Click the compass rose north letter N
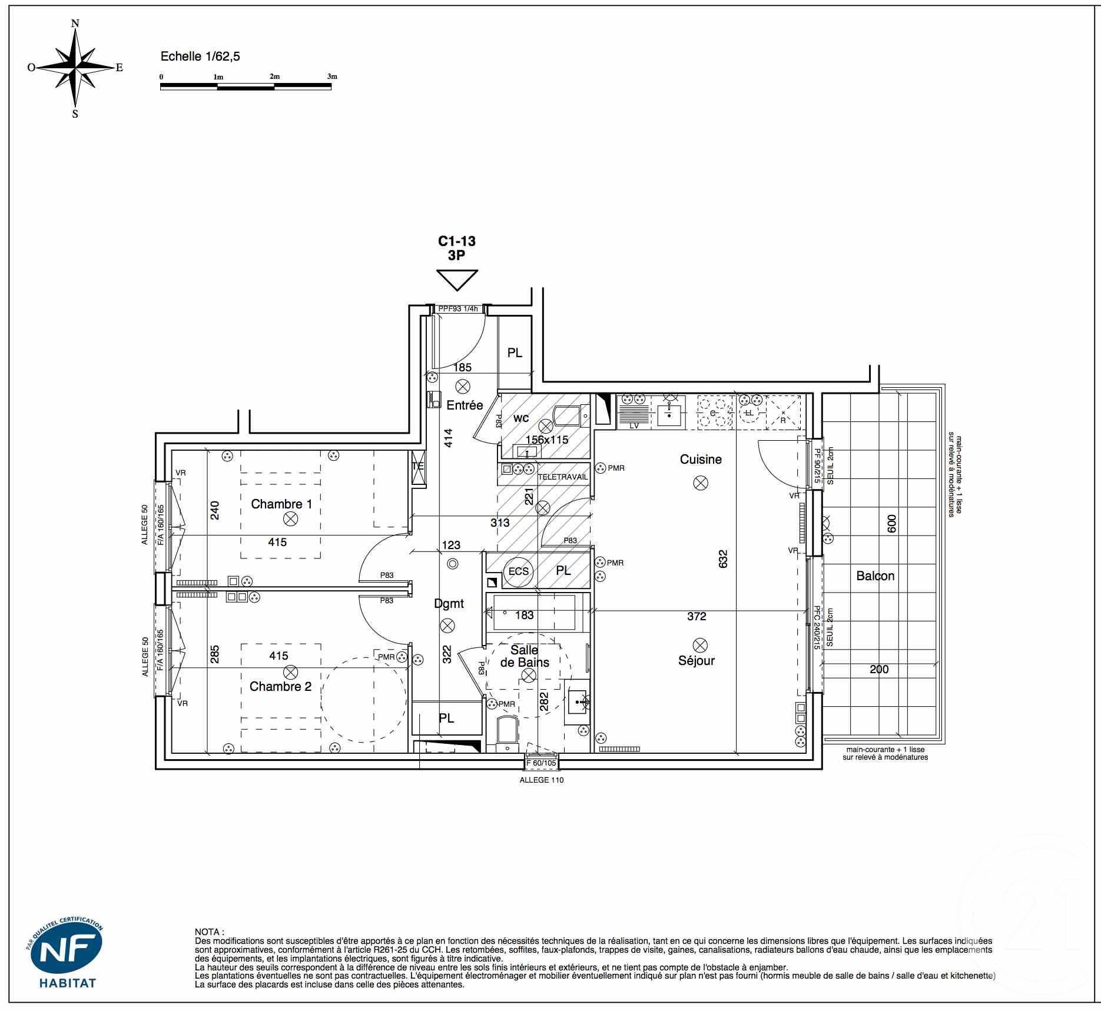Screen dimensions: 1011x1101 [x=75, y=24]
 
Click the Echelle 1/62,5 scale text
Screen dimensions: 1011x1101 [x=200, y=56]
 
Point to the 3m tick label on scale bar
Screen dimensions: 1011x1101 [x=332, y=77]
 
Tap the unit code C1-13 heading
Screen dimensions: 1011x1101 [x=456, y=241]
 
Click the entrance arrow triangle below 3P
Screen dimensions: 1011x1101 [x=457, y=280]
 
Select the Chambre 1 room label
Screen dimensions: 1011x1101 [x=281, y=504]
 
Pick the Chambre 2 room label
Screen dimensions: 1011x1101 [x=280, y=686]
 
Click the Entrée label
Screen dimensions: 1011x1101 [x=465, y=405]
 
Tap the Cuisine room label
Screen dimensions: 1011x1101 [x=701, y=459]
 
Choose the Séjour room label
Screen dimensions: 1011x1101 [x=697, y=660]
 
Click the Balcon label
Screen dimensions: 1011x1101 [x=876, y=576]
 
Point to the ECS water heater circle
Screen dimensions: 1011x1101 [x=519, y=571]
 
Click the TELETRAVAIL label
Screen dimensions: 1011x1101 [x=562, y=477]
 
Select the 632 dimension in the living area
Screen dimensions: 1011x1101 [x=723, y=558]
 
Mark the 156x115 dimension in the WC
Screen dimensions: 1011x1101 [x=547, y=439]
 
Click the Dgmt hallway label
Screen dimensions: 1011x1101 [x=449, y=603]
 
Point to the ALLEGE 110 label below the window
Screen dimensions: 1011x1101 [x=541, y=780]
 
